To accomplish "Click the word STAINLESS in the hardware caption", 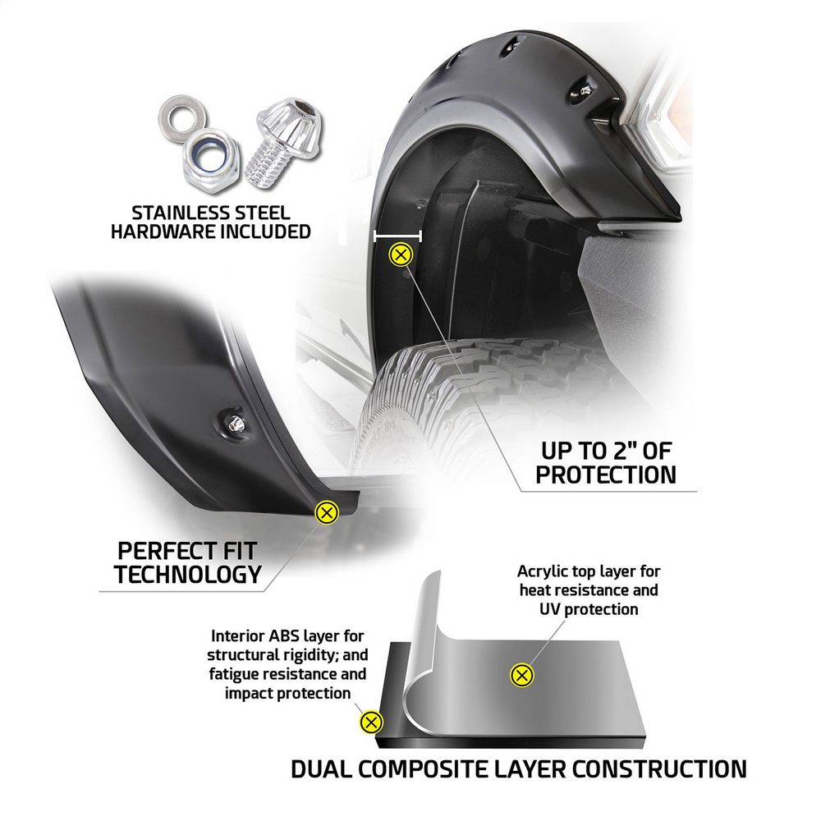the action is coord(177,213).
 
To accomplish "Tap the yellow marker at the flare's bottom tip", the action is coord(327,512).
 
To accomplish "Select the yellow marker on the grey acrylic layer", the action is coord(521,675).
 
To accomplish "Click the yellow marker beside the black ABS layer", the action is coord(371,722).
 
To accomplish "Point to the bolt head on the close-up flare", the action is coord(236,423).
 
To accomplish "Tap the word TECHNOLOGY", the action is coord(188,575).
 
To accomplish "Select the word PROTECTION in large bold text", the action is coord(606,475).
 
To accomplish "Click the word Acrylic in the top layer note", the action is coord(541,571).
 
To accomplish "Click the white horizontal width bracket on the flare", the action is coord(398,236).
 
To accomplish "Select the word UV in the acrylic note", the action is coord(550,609).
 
